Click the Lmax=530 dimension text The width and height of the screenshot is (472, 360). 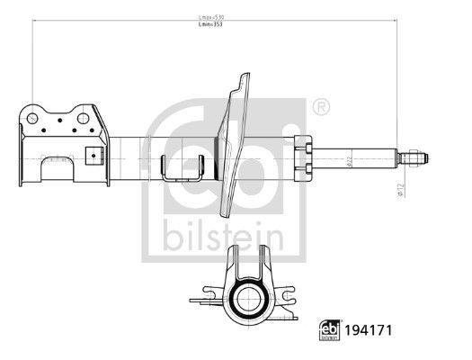pyautogui.click(x=211, y=18)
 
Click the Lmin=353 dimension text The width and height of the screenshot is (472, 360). pyautogui.click(x=211, y=26)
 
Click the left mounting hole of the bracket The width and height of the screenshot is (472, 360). pyautogui.click(x=32, y=118)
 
